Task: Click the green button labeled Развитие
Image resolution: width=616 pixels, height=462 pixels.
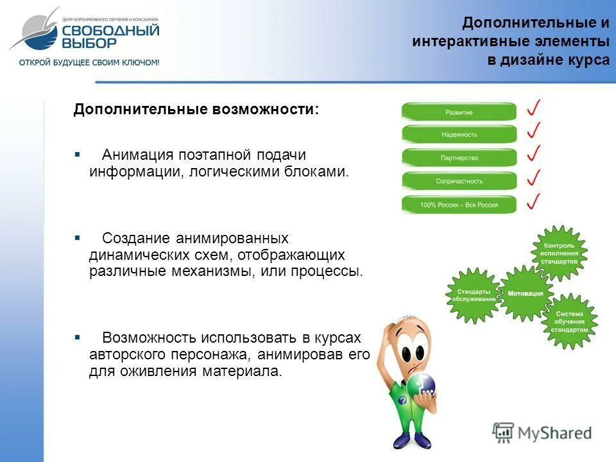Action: tap(459, 112)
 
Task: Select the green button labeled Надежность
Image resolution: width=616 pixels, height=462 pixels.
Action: tap(459, 135)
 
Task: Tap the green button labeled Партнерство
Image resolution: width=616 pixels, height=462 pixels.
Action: tap(459, 158)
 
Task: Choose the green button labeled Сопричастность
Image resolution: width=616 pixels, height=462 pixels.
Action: tap(459, 181)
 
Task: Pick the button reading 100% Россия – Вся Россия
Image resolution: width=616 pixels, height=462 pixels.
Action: tap(459, 205)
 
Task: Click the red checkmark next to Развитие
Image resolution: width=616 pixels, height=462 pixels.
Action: tap(534, 107)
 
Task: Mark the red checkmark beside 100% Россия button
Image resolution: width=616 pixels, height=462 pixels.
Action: tap(533, 201)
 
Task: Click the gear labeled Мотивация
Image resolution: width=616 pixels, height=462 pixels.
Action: tap(526, 293)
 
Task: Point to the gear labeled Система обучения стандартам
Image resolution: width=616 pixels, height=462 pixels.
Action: tap(569, 321)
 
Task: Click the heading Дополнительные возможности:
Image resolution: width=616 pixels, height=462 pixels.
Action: tap(196, 109)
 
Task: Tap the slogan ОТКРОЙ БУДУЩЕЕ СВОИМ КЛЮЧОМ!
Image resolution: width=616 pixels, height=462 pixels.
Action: tap(89, 62)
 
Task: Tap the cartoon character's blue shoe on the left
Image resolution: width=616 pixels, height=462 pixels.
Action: tap(402, 441)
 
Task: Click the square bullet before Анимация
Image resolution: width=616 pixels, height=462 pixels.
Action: tap(77, 155)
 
